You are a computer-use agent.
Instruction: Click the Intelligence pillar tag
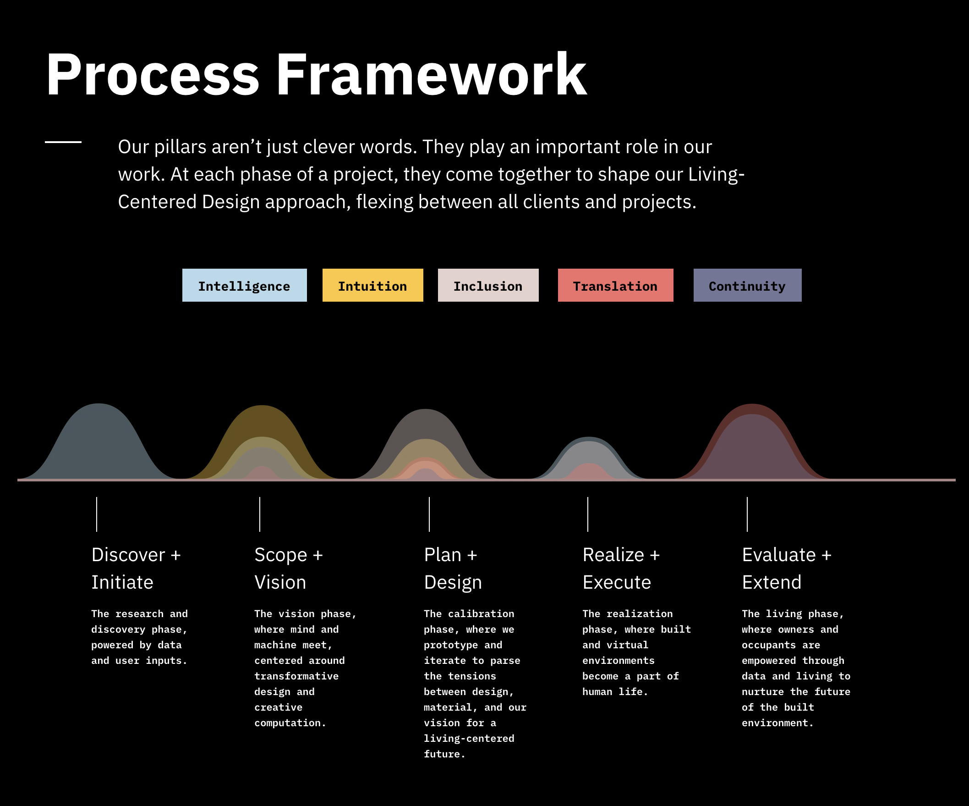(x=244, y=285)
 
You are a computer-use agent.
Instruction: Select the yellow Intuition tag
(x=373, y=285)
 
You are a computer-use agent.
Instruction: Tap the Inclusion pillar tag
(x=488, y=285)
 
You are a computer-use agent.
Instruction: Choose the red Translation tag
(x=616, y=285)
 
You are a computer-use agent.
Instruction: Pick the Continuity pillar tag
(x=748, y=285)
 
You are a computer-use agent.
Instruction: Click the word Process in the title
(x=153, y=74)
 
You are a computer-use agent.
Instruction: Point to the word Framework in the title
(x=432, y=74)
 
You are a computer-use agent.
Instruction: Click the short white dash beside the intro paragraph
(x=63, y=142)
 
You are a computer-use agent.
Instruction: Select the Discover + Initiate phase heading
(x=136, y=568)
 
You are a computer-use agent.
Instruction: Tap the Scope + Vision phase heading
(x=289, y=568)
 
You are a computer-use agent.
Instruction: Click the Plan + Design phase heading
(x=453, y=568)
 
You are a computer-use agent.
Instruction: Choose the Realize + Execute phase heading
(x=621, y=568)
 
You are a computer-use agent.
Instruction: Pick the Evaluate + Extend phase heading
(x=787, y=568)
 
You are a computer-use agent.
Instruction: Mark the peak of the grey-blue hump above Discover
(x=99, y=404)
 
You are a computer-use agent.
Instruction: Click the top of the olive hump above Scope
(x=262, y=406)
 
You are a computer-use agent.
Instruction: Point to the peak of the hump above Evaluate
(x=752, y=404)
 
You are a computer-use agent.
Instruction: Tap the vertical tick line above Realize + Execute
(x=588, y=514)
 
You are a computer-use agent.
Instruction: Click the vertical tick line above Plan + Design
(x=429, y=514)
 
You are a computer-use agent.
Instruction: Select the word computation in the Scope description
(x=290, y=723)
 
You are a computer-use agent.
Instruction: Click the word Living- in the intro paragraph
(x=717, y=175)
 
